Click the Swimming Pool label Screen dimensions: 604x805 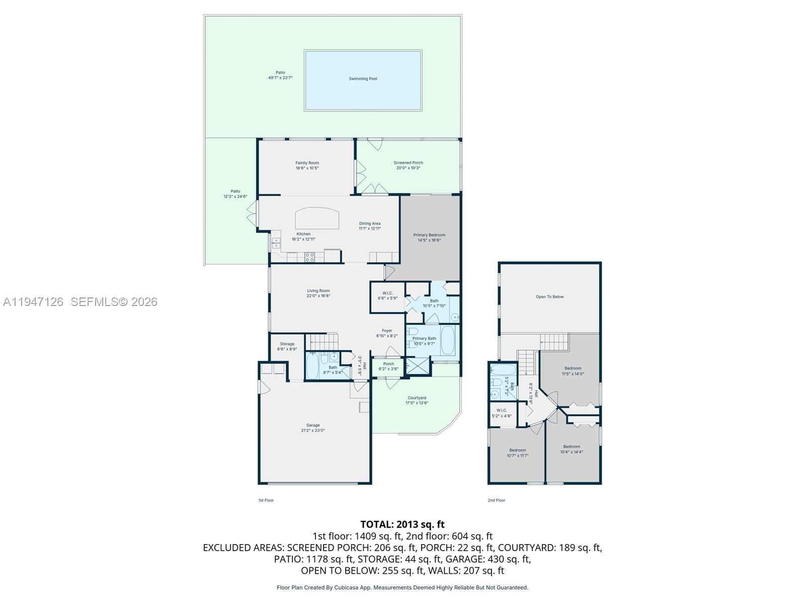363,79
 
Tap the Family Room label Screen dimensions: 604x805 307,163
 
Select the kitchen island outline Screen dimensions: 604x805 317,218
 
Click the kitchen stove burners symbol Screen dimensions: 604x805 310,257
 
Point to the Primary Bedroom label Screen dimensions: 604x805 429,235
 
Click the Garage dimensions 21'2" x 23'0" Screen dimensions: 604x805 313,431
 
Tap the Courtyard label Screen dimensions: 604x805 417,398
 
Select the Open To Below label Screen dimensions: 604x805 549,297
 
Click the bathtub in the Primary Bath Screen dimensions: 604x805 447,340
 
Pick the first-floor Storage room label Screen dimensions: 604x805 287,344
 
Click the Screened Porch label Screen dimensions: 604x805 408,163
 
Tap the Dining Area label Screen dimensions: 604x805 370,223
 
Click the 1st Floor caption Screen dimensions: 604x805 266,500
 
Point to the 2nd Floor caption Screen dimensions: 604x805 497,500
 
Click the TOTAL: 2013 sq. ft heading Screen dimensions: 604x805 402,524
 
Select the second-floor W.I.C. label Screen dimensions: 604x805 502,411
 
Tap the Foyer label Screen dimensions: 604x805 386,331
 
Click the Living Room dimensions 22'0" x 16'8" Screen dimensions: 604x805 318,296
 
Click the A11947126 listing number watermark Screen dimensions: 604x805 33,302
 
